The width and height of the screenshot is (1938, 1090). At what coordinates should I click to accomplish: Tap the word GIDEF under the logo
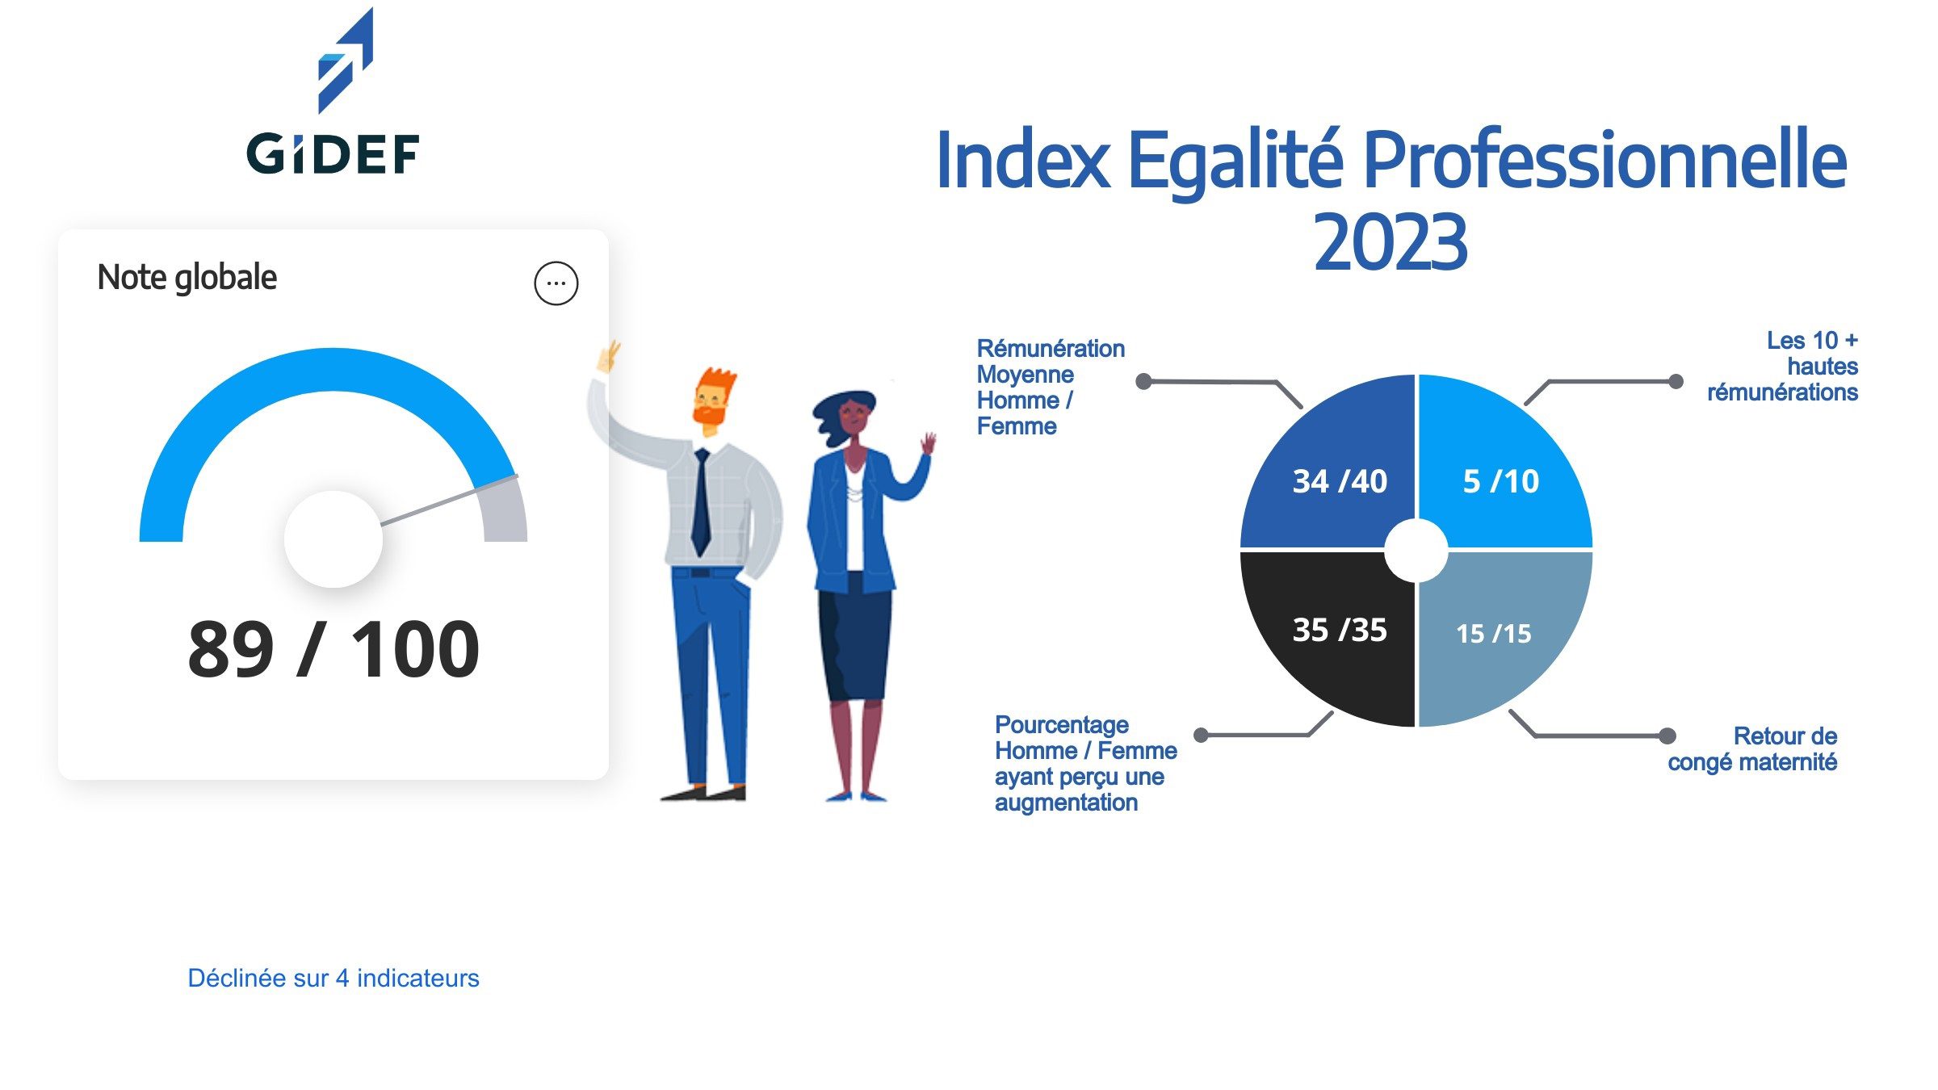pyautogui.click(x=333, y=154)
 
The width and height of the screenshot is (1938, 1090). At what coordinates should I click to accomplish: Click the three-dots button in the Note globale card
pyautogui.click(x=556, y=283)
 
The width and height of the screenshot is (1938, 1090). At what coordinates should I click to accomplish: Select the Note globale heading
pyautogui.click(x=187, y=277)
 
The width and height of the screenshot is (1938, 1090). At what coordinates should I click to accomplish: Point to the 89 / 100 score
pyautogui.click(x=333, y=649)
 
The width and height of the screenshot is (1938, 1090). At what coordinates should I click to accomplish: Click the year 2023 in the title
pyautogui.click(x=1389, y=242)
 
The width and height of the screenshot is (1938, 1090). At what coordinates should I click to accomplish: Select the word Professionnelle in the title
pyautogui.click(x=1603, y=161)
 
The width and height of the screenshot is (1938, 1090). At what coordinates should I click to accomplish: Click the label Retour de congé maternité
pyautogui.click(x=1752, y=748)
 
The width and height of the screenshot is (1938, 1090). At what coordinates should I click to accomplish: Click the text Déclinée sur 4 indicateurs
pyautogui.click(x=333, y=978)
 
